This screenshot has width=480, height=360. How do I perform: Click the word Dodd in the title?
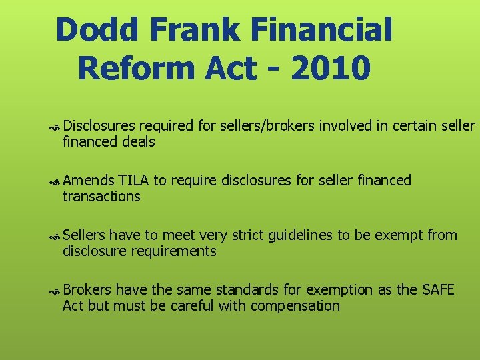tap(99, 31)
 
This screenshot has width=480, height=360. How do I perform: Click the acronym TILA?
tap(133, 181)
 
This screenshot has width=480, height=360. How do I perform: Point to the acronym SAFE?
tap(438, 290)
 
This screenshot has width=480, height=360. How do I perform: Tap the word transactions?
tap(101, 197)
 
